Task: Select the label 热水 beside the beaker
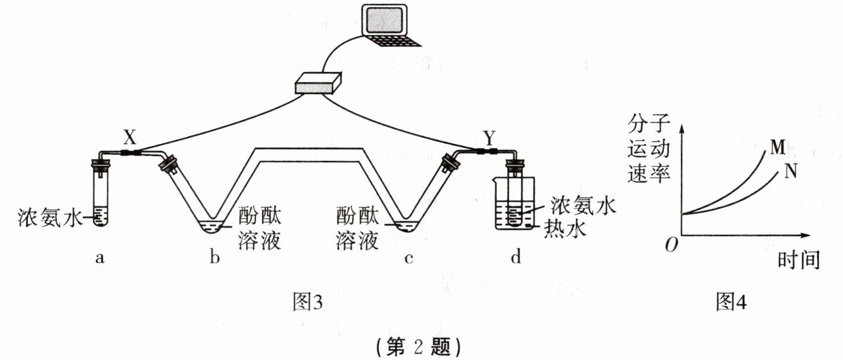click(565, 228)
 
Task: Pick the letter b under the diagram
click(215, 259)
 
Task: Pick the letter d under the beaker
click(516, 259)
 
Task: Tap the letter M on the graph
click(778, 147)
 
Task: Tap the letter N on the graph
click(790, 171)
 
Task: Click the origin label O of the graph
click(672, 245)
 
